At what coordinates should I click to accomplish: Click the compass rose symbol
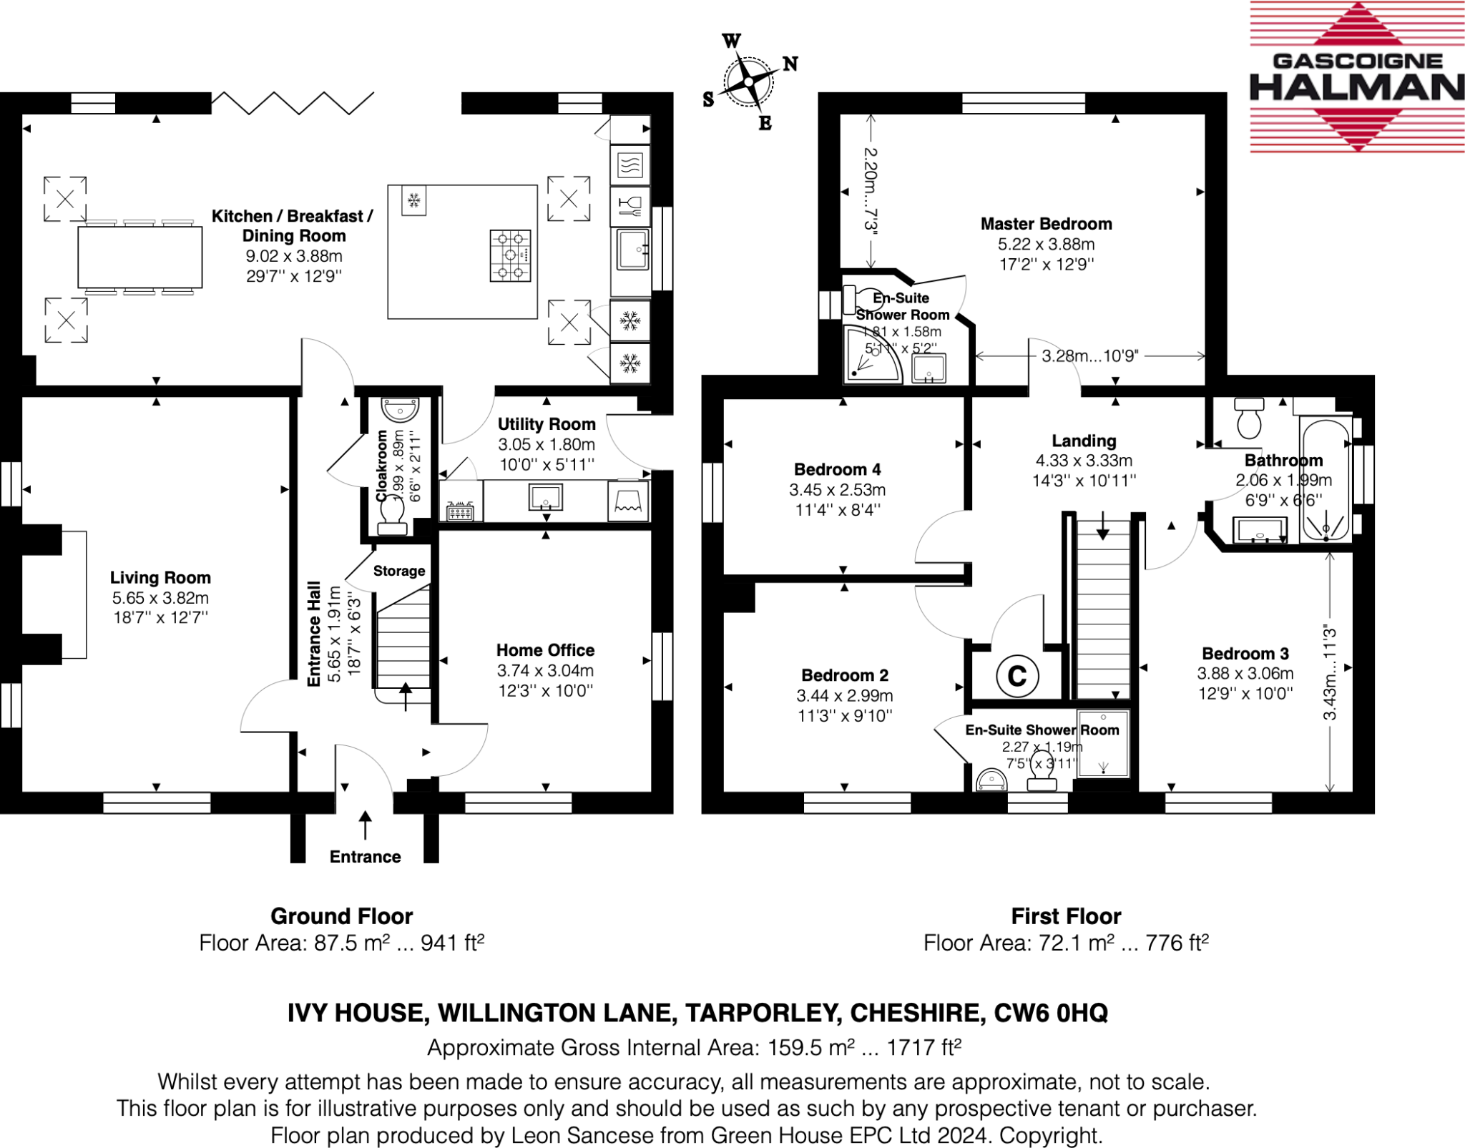click(x=748, y=82)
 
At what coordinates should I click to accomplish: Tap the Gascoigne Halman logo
click(x=1357, y=77)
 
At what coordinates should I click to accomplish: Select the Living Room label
click(x=160, y=578)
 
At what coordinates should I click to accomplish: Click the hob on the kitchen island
click(x=510, y=255)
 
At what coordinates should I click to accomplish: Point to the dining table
click(x=139, y=257)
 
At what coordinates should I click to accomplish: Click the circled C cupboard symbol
click(x=1016, y=676)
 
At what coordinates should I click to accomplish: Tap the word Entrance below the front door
click(x=365, y=857)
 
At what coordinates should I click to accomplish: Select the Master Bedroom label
click(x=1046, y=224)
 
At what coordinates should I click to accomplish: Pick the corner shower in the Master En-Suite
click(x=871, y=354)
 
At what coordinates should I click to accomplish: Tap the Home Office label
click(x=545, y=650)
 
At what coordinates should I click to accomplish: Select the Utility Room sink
click(x=545, y=496)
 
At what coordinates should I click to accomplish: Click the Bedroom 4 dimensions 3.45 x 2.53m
click(x=837, y=490)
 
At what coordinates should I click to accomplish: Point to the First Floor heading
click(x=1066, y=916)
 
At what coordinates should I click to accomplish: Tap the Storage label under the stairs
click(x=399, y=571)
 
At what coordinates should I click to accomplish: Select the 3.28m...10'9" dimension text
click(x=1089, y=356)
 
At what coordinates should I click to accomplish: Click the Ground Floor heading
click(x=342, y=916)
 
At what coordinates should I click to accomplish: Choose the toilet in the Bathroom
click(x=1249, y=419)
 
